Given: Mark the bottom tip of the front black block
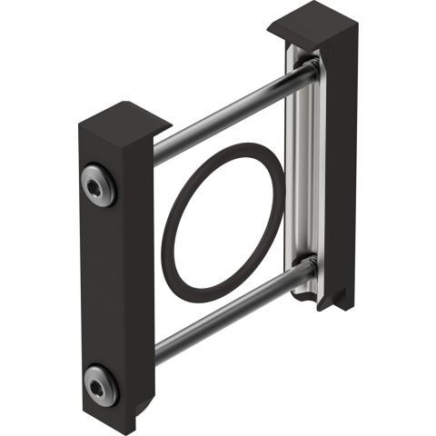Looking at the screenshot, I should (x=136, y=425).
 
